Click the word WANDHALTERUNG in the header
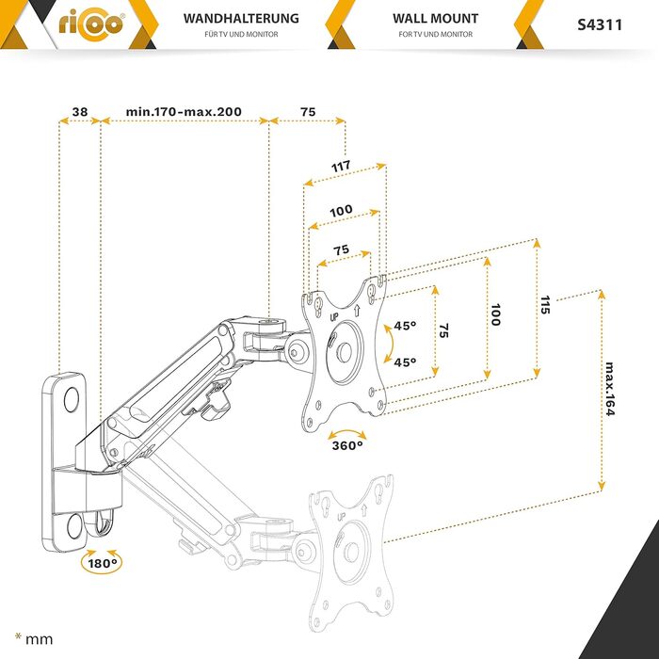pos(240,18)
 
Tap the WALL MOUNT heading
pos(435,18)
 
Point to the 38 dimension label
pos(79,111)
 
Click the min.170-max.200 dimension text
pos(184,111)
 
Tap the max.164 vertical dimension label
pos(611,392)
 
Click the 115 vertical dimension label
pos(546,305)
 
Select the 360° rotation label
pos(347,444)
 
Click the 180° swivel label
pos(102,563)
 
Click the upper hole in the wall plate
pos(71,399)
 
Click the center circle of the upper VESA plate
pos(342,352)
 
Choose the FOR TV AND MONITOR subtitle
pos(435,35)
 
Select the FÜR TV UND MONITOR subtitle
pos(240,35)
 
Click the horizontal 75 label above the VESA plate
pos(341,250)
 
